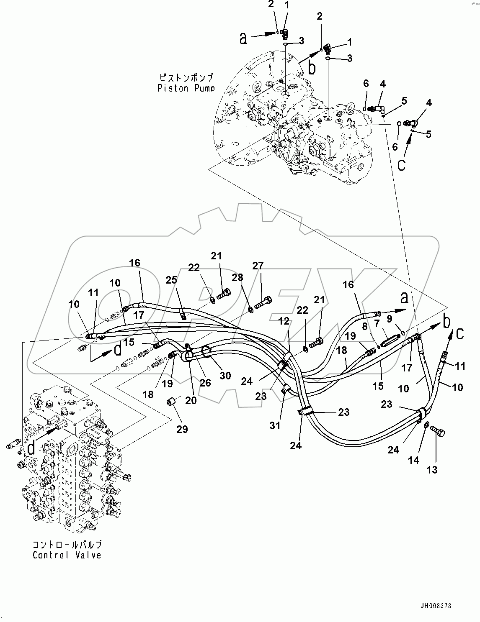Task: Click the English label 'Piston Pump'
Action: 186,88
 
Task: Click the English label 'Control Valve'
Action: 67,555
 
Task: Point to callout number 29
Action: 182,429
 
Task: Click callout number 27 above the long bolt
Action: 258,266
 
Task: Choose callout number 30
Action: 225,376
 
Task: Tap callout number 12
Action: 284,321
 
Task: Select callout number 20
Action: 191,400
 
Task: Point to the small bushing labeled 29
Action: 171,402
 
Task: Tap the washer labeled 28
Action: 250,310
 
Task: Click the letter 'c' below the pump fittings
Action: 401,165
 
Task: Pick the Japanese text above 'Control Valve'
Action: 67,545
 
